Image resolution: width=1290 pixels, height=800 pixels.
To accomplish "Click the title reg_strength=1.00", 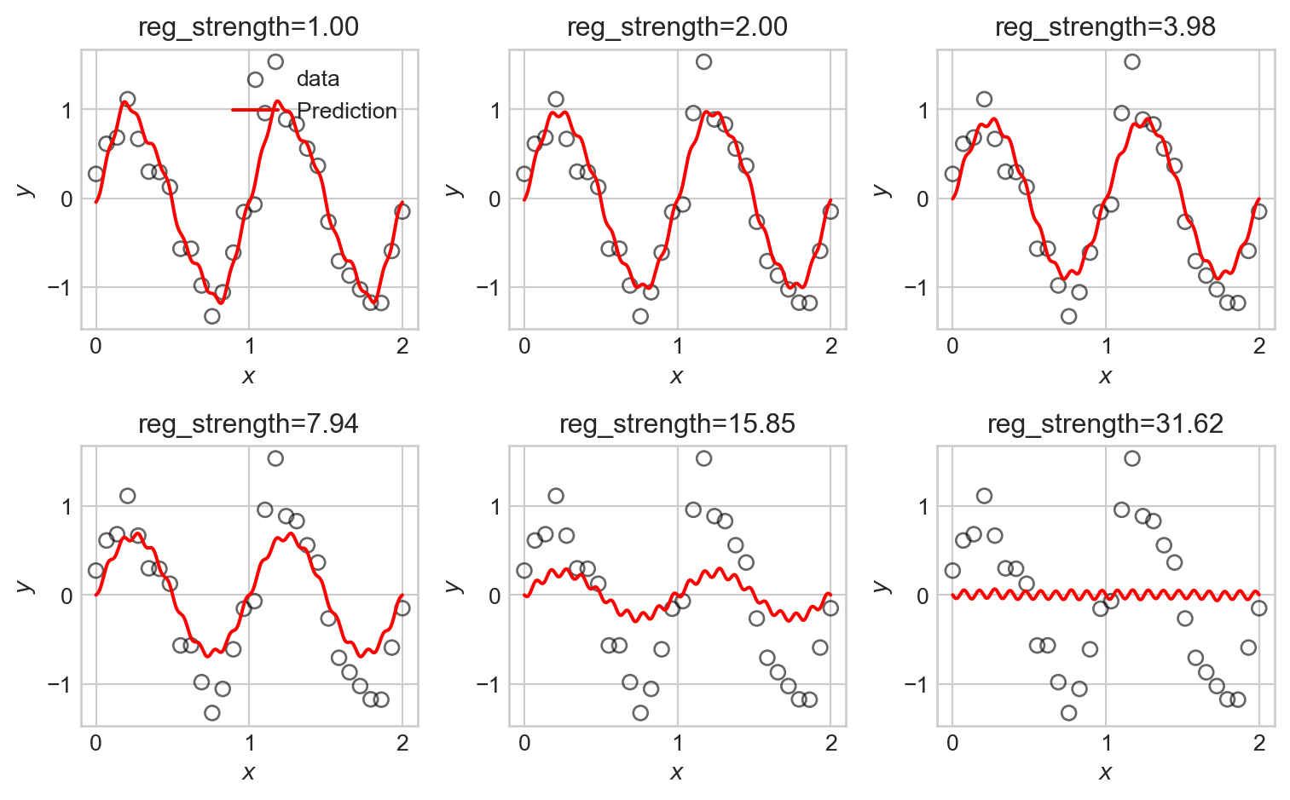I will coord(248,27).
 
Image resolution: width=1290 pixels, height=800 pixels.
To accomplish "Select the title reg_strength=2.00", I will coord(677,27).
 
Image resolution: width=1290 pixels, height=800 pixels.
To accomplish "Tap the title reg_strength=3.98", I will coord(1105,27).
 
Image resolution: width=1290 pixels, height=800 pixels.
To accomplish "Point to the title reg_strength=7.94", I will coord(248,423).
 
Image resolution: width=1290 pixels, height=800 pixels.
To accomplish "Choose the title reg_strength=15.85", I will coord(677,423).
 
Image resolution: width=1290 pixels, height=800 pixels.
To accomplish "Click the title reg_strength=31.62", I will coord(1105,423).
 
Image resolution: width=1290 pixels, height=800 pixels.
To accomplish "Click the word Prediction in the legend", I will coord(346,112).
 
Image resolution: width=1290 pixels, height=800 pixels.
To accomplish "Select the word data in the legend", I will coord(318,79).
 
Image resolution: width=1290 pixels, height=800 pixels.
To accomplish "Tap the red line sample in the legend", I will coord(255,111).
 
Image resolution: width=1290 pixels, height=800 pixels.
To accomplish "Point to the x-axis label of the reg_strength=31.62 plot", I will coord(1105,772).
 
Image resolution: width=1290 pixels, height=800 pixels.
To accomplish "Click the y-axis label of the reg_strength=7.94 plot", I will coord(26,585).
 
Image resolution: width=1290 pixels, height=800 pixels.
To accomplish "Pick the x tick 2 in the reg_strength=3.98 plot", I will coord(1259,347).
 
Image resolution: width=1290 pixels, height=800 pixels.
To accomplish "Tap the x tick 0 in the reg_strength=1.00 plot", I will coord(95,347).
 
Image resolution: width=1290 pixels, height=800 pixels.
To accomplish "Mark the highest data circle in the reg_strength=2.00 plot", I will coord(703,61).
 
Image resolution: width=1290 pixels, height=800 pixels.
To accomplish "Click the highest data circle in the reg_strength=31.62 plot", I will coord(1131,458).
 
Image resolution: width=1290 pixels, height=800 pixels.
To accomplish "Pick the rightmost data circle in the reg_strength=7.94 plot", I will coord(402,607).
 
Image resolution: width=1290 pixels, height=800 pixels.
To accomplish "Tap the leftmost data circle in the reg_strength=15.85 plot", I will coord(524,570).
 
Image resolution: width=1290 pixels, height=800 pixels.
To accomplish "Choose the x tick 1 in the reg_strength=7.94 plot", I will coord(249,743).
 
